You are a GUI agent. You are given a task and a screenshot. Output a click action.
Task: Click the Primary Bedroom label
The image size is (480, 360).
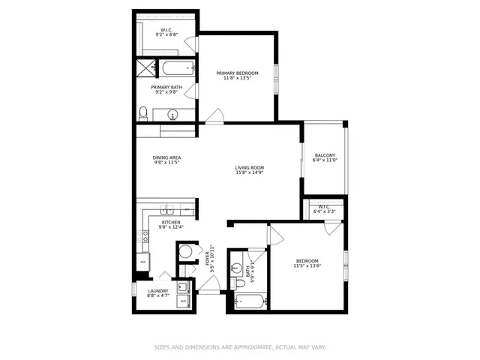[237, 73]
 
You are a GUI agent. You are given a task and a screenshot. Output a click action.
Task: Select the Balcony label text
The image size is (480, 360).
[325, 154]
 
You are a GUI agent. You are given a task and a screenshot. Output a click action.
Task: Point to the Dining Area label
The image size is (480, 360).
[167, 157]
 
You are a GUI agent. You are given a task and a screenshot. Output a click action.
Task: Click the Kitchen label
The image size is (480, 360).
[170, 223]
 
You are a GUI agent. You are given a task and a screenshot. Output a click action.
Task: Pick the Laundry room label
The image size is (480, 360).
[157, 291]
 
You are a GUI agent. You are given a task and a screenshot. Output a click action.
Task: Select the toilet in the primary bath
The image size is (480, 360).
[143, 113]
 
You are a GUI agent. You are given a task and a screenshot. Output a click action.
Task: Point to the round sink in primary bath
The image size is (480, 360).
[174, 115]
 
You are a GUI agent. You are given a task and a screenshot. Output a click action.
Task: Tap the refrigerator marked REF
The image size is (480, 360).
[142, 262]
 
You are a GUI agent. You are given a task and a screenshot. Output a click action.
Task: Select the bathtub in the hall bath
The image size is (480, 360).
[249, 302]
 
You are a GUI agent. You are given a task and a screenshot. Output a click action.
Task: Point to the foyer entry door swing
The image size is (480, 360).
[211, 283]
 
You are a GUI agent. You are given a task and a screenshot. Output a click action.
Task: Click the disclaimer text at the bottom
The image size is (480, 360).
[240, 347]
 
